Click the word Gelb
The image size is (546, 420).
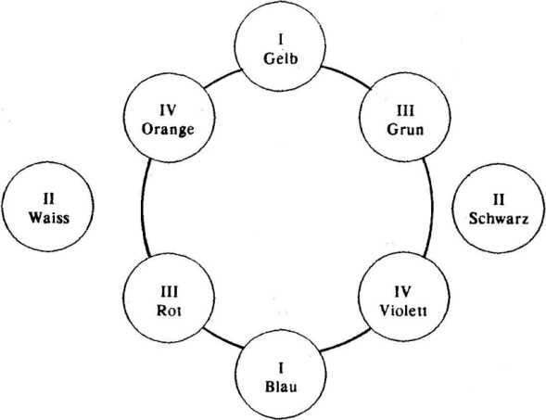coord(281,58)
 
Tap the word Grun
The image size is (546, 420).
coord(405,129)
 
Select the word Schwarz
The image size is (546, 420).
coord(499,219)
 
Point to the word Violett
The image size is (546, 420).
coord(403,311)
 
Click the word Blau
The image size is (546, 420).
coord(281,387)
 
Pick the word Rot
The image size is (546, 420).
coord(169,311)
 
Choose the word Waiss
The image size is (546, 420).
coord(49,218)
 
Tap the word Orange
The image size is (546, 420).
coord(168,130)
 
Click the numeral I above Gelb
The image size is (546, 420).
coord(281,40)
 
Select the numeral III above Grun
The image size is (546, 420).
coord(406,111)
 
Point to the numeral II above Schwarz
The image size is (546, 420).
coord(499,199)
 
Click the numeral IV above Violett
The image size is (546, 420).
coord(403,292)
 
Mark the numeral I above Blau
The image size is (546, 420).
coord(281,368)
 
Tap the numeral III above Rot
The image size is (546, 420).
coord(169,292)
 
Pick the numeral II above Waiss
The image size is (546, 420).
coord(48,199)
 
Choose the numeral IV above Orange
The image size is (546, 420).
coord(168,110)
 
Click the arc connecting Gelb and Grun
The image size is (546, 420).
coord(348,76)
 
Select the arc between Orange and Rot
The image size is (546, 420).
coord(143,208)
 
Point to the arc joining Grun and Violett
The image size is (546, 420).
coord(431,208)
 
